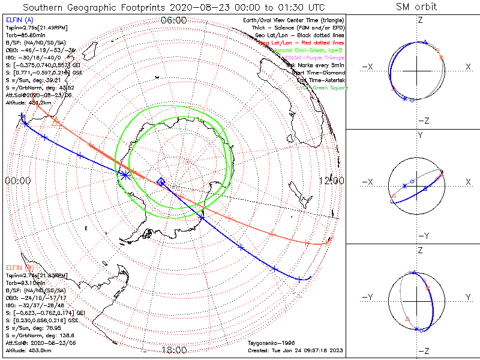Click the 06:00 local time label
(174, 20)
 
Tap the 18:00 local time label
(174, 350)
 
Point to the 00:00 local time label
(17, 181)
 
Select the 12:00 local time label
(331, 181)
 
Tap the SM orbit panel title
(416, 7)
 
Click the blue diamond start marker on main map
(161, 181)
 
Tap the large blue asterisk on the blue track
(125, 175)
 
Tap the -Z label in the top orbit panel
(423, 121)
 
